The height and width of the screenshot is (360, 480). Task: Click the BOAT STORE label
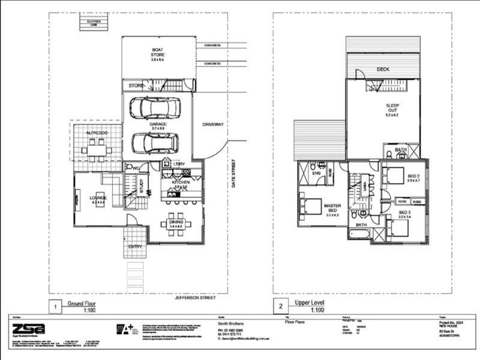click(x=158, y=53)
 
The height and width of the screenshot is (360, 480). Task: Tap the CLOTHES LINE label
click(x=93, y=23)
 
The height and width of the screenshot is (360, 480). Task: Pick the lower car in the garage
click(x=154, y=142)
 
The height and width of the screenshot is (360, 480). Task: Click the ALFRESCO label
click(x=96, y=131)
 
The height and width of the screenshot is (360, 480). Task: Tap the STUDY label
click(x=142, y=186)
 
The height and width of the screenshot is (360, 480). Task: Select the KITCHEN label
click(x=181, y=182)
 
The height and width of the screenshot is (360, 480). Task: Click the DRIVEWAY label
click(x=212, y=124)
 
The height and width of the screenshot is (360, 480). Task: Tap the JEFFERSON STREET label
click(x=194, y=297)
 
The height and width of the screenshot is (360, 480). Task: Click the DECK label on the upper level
click(x=383, y=70)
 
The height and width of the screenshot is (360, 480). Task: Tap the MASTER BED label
click(x=332, y=209)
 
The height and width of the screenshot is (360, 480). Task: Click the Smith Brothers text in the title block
click(x=229, y=322)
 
